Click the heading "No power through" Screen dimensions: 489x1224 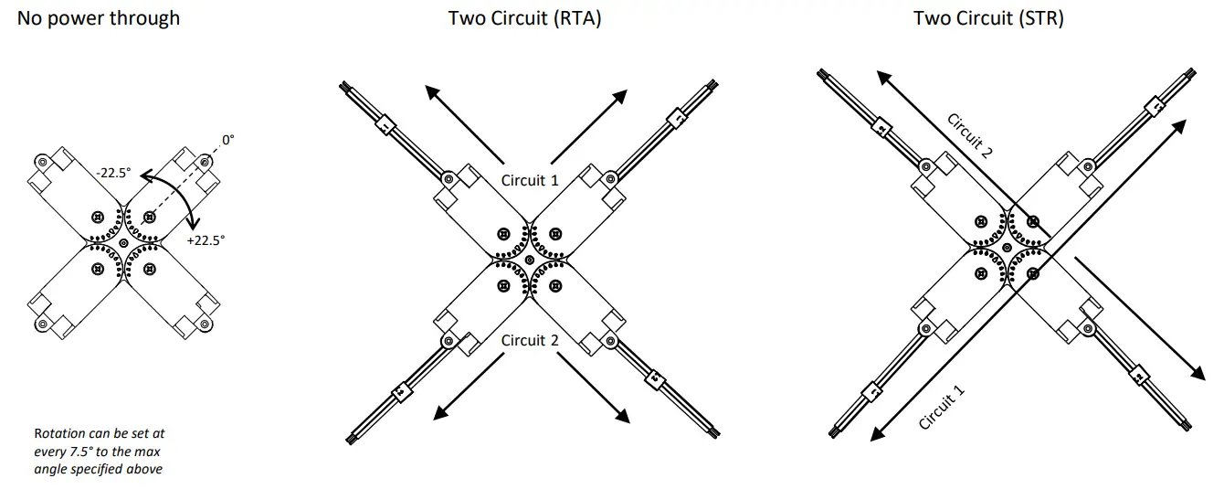coord(99,18)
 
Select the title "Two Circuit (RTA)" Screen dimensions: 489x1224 coord(524,18)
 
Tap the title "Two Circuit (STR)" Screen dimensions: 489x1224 coord(988,18)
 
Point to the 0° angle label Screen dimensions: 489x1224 coord(227,140)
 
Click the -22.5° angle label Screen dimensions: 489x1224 coord(114,171)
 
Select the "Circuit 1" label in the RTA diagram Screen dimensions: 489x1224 coord(530,180)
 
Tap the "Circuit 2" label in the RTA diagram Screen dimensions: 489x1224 coord(530,340)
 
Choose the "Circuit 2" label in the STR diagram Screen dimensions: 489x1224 coord(969,136)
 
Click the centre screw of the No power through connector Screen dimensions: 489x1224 coord(123,243)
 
